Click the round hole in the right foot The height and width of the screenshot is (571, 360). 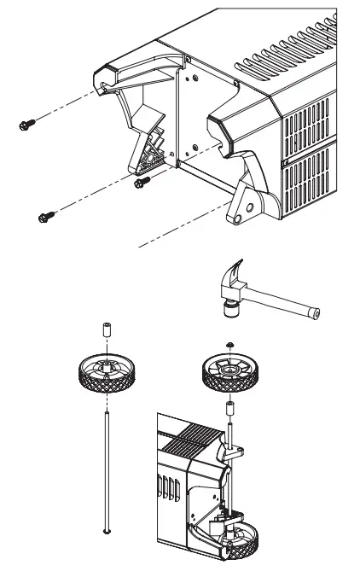tap(249, 208)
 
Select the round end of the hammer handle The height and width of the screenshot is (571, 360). tap(316, 313)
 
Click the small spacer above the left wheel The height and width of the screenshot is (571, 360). tap(105, 329)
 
